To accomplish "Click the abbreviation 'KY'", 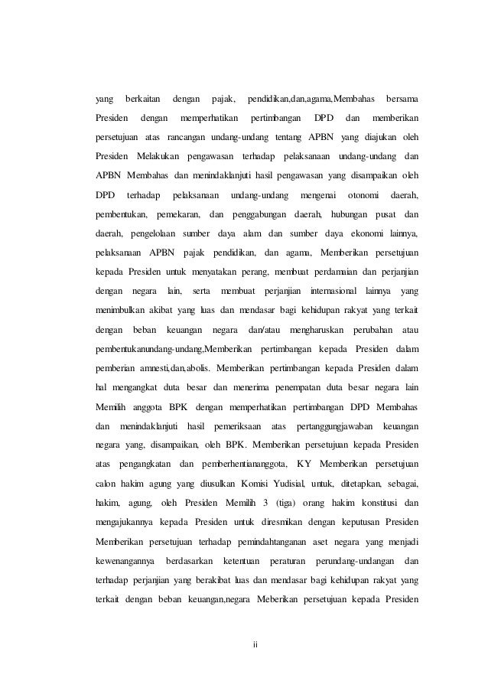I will click(x=306, y=463).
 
